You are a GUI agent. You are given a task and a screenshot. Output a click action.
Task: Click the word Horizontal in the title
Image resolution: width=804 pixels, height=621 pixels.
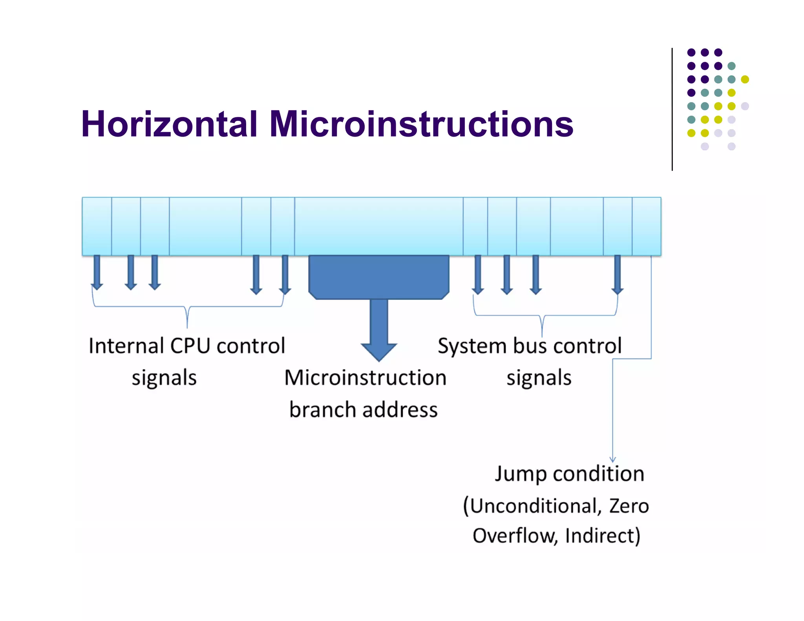click(169, 124)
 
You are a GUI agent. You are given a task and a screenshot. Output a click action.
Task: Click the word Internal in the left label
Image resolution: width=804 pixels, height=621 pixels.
click(126, 346)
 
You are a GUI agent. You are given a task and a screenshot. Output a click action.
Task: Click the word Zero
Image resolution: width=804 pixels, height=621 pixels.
click(629, 506)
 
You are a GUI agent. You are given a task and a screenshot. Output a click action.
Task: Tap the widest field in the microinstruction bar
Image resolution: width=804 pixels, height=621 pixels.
click(378, 226)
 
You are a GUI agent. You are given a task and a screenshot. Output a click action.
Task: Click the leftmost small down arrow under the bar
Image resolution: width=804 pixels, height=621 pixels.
click(97, 273)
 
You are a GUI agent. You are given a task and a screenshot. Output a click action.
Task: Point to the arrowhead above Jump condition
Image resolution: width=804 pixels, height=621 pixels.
click(613, 459)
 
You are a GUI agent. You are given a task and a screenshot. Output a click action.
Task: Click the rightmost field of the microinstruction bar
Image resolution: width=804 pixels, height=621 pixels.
click(647, 226)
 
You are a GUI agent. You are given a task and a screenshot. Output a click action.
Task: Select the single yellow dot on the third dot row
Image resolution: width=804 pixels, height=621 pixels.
click(745, 79)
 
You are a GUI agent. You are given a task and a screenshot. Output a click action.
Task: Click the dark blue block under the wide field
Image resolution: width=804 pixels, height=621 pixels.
click(378, 277)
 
